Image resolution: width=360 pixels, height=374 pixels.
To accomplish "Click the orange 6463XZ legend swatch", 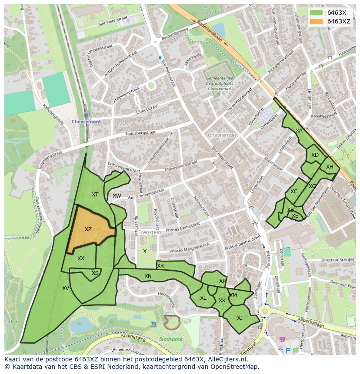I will tap(317, 21).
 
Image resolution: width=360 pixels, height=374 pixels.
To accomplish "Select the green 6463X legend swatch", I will tap(317, 13).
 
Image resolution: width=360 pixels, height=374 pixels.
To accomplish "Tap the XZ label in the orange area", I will tap(88, 229).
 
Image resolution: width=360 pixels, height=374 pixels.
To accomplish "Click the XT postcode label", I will tap(95, 195).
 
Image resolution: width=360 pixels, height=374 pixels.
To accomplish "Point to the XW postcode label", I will tap(117, 196).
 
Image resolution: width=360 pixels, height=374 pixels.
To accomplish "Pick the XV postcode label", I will tap(66, 288).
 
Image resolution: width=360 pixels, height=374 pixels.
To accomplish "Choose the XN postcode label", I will tap(148, 276).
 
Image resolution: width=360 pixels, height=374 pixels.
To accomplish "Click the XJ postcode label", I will tap(240, 318).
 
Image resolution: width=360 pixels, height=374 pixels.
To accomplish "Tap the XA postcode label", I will tap(299, 131).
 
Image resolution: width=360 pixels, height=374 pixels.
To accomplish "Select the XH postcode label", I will tap(330, 167).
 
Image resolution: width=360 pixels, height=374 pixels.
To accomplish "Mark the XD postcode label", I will tap(315, 155).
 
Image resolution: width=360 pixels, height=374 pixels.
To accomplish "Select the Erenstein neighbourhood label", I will tap(150, 232).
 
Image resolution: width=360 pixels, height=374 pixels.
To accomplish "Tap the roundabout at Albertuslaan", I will tap(264, 311).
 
